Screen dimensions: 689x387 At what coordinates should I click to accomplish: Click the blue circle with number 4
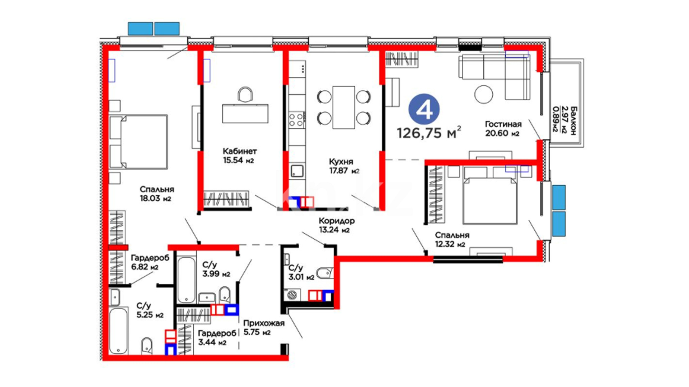(x=424, y=109)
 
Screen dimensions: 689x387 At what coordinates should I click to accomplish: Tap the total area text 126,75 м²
(x=428, y=133)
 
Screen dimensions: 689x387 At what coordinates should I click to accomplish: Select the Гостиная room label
(x=503, y=124)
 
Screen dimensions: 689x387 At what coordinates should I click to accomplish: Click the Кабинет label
(x=239, y=151)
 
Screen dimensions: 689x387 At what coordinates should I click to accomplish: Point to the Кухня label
(x=341, y=162)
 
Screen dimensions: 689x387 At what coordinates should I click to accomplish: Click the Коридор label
(x=337, y=221)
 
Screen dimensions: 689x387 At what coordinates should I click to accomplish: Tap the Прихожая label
(x=264, y=323)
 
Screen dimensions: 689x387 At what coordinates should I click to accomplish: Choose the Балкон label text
(x=573, y=120)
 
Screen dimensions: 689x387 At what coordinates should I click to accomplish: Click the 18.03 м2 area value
(x=155, y=198)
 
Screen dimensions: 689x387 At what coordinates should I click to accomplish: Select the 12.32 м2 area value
(x=450, y=244)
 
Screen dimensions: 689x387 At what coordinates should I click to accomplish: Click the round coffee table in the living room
(x=483, y=94)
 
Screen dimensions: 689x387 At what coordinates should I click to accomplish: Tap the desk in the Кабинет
(x=245, y=114)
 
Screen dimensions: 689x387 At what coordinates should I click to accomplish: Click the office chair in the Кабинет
(x=245, y=94)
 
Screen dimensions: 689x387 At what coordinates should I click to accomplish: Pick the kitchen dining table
(x=343, y=107)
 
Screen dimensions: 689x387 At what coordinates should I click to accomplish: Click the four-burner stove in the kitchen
(x=297, y=120)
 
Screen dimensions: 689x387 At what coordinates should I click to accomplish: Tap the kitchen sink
(x=297, y=171)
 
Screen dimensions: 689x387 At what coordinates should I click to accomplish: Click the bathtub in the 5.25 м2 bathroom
(x=118, y=330)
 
